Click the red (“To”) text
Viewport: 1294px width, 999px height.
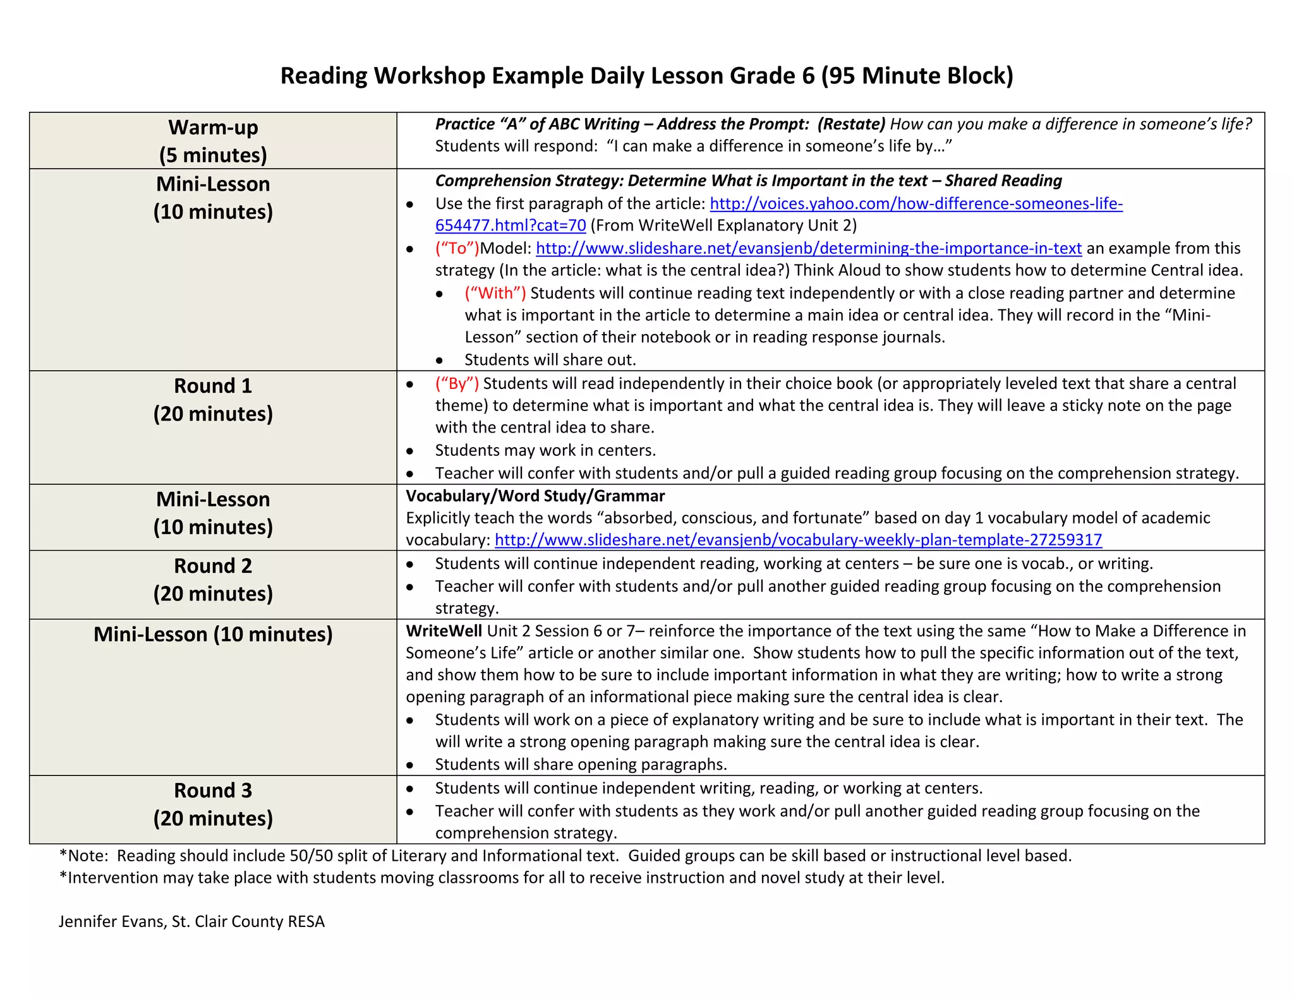pos(457,248)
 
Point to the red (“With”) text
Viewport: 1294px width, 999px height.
pos(495,293)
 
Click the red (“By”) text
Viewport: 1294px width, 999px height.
pos(457,383)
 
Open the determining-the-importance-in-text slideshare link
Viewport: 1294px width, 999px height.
pos(808,248)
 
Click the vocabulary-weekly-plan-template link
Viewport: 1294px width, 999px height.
pos(798,540)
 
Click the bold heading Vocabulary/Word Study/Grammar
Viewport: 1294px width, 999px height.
pos(535,496)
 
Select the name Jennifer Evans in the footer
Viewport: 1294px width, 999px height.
pos(112,921)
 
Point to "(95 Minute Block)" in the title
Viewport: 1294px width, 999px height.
pos(917,76)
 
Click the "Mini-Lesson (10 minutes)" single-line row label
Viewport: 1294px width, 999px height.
pos(213,634)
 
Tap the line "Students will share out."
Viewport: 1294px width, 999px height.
pos(550,360)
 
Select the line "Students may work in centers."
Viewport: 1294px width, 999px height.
pos(545,450)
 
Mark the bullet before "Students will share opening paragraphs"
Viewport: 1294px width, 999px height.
pos(410,765)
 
